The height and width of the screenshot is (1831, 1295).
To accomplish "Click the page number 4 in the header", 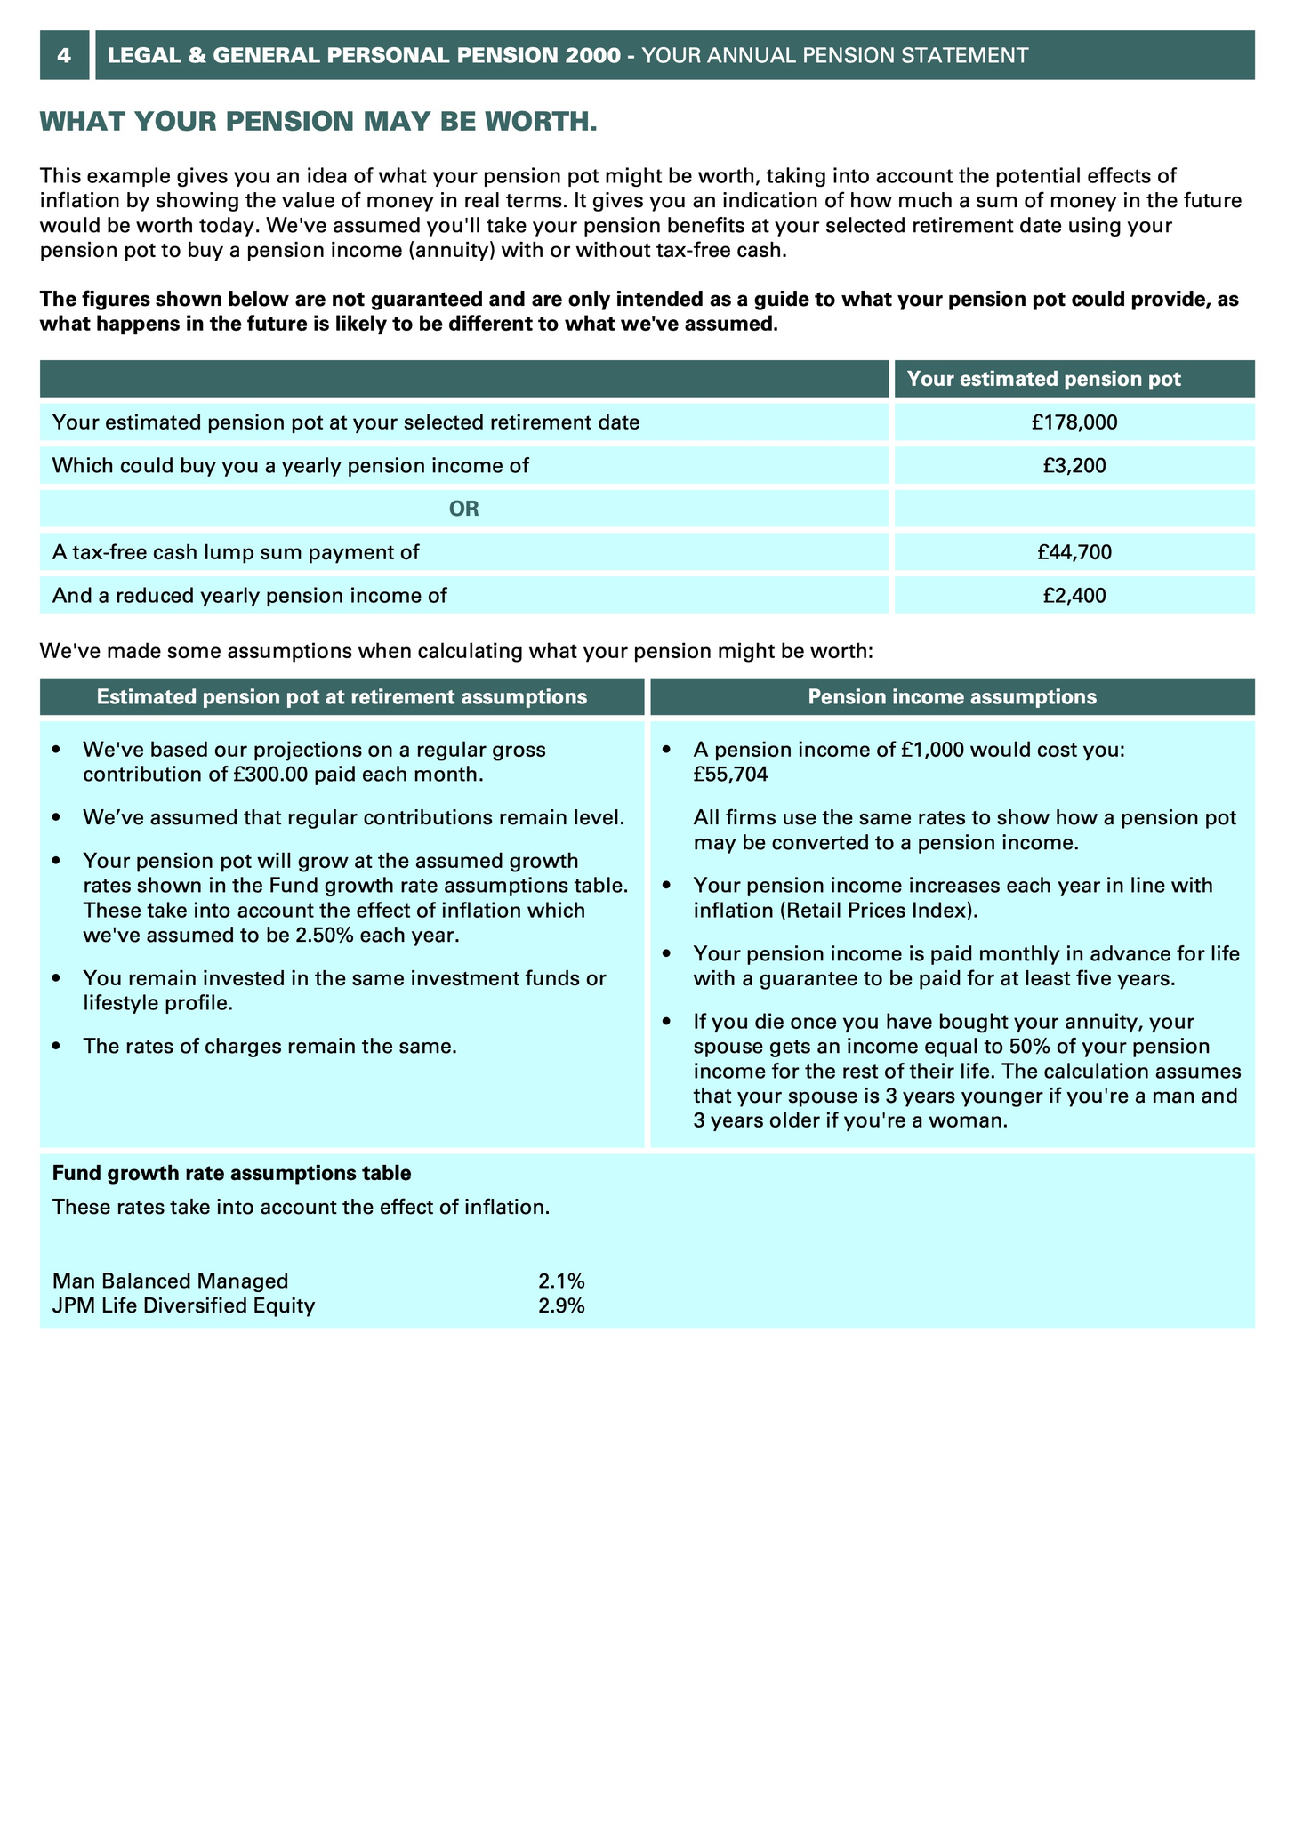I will [64, 55].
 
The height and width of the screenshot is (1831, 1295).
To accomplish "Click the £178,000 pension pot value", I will [1074, 422].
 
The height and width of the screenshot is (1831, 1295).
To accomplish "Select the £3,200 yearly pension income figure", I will [1074, 465].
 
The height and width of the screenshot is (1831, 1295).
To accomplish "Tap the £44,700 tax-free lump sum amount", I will [1074, 552].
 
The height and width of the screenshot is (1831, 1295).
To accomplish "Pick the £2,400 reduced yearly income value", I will [1074, 596].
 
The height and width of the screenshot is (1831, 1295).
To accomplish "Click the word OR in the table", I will [464, 510].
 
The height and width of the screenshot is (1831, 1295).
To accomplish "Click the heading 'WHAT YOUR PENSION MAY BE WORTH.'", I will [318, 122].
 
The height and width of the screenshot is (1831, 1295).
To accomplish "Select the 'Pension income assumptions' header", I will [952, 697].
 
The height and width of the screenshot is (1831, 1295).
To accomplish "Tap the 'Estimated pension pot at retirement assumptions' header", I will [342, 697].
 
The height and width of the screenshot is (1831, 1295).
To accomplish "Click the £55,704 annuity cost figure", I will [731, 775].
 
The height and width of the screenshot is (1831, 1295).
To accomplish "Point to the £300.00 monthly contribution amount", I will [271, 775].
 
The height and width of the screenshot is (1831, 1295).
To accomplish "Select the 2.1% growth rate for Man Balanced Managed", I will [561, 1281].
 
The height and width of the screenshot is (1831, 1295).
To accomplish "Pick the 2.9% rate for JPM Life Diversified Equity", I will [561, 1306].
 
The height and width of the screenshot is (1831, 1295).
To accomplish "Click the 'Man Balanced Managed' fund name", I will [171, 1281].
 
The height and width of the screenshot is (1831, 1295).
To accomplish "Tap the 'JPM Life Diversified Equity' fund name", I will [183, 1306].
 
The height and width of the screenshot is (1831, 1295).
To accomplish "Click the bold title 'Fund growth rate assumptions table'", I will [231, 1174].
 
